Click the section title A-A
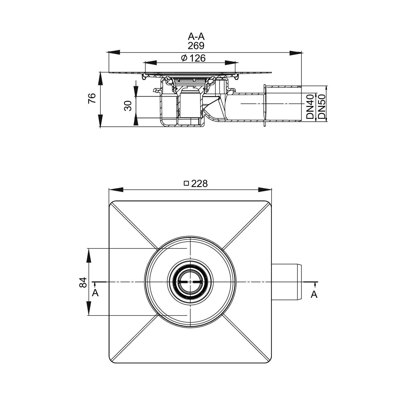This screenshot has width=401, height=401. (196, 36)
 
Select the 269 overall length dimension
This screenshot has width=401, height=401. (196, 46)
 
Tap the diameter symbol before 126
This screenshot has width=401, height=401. (184, 58)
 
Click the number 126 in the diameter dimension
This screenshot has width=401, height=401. (197, 58)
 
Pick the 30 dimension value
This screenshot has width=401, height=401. (128, 106)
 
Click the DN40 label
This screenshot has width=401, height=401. (310, 107)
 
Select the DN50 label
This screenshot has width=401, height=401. (322, 107)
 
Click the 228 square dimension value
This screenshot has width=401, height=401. (199, 184)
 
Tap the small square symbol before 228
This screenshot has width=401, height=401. (186, 183)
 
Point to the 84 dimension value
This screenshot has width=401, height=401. (83, 282)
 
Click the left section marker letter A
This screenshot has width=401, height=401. (95, 293)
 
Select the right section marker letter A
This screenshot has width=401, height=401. (314, 294)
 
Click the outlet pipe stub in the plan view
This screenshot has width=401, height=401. (286, 282)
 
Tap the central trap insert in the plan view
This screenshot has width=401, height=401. (190, 282)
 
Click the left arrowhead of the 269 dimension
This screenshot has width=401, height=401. (113, 52)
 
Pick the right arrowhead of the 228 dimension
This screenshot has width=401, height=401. (265, 190)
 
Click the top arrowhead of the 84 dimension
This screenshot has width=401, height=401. (89, 255)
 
